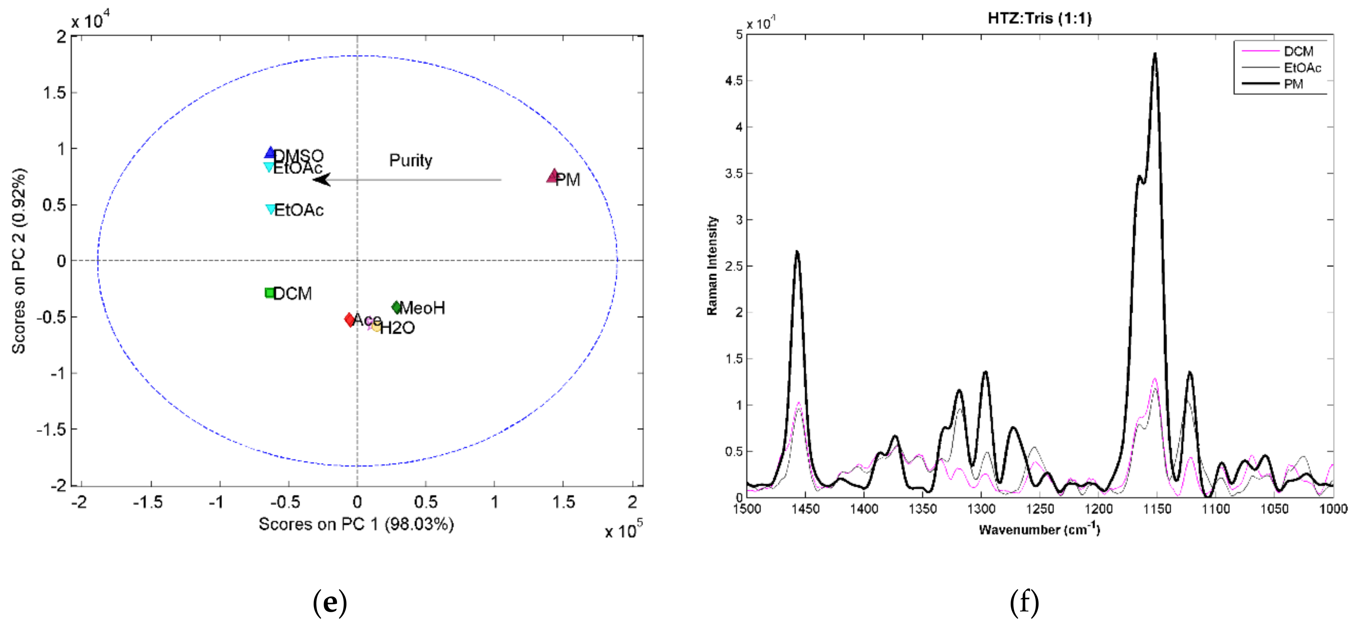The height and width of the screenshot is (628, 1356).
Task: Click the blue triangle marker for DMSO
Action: pos(270,153)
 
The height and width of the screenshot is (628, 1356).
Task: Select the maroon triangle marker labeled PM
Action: pos(552,177)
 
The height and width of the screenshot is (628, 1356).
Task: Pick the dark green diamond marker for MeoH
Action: pos(396,307)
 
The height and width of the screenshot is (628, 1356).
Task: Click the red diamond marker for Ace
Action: pos(349,319)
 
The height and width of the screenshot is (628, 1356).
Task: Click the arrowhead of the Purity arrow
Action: pos(321,180)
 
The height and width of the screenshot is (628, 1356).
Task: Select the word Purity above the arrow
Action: pos(410,160)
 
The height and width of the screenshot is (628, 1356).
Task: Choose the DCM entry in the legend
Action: pos(1298,51)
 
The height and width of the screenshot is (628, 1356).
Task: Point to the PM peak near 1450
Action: pos(797,252)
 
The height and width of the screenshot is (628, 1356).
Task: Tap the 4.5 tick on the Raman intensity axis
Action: pos(734,81)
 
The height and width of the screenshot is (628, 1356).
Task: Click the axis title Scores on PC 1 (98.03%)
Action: pos(356,524)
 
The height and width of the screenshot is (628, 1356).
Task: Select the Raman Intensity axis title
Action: pos(712,266)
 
